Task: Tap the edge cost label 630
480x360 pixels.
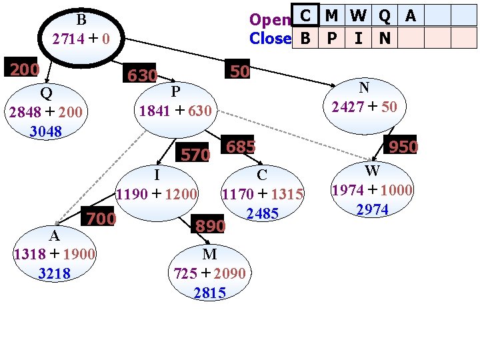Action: coord(142,75)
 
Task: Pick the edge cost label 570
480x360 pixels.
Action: coord(195,155)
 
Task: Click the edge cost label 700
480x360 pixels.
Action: coord(99,218)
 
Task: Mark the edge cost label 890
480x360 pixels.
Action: coord(210,227)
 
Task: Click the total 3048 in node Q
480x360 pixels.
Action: coord(45,131)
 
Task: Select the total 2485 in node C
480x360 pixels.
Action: coord(262,214)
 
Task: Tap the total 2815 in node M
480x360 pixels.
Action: coord(209,293)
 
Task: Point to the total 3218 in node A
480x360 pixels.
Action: coord(54,273)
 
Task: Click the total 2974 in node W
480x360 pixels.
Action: coord(372,210)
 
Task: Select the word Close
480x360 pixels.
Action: coord(270,39)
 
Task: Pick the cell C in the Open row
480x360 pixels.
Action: coord(305,15)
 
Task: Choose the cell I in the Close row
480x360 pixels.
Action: coord(358,39)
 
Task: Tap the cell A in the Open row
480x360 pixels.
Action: coord(411,15)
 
